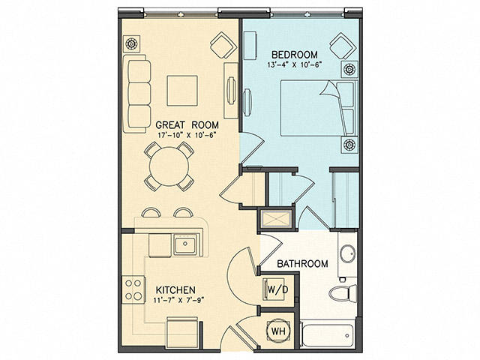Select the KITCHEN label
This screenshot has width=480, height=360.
pos(176,289)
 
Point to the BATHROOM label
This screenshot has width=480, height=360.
pos(302,264)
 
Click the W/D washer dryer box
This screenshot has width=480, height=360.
pos(274,288)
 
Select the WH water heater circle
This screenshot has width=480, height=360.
pos(277,331)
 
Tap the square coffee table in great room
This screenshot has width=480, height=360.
pos(181,91)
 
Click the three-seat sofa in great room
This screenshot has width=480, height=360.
pos(139,91)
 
